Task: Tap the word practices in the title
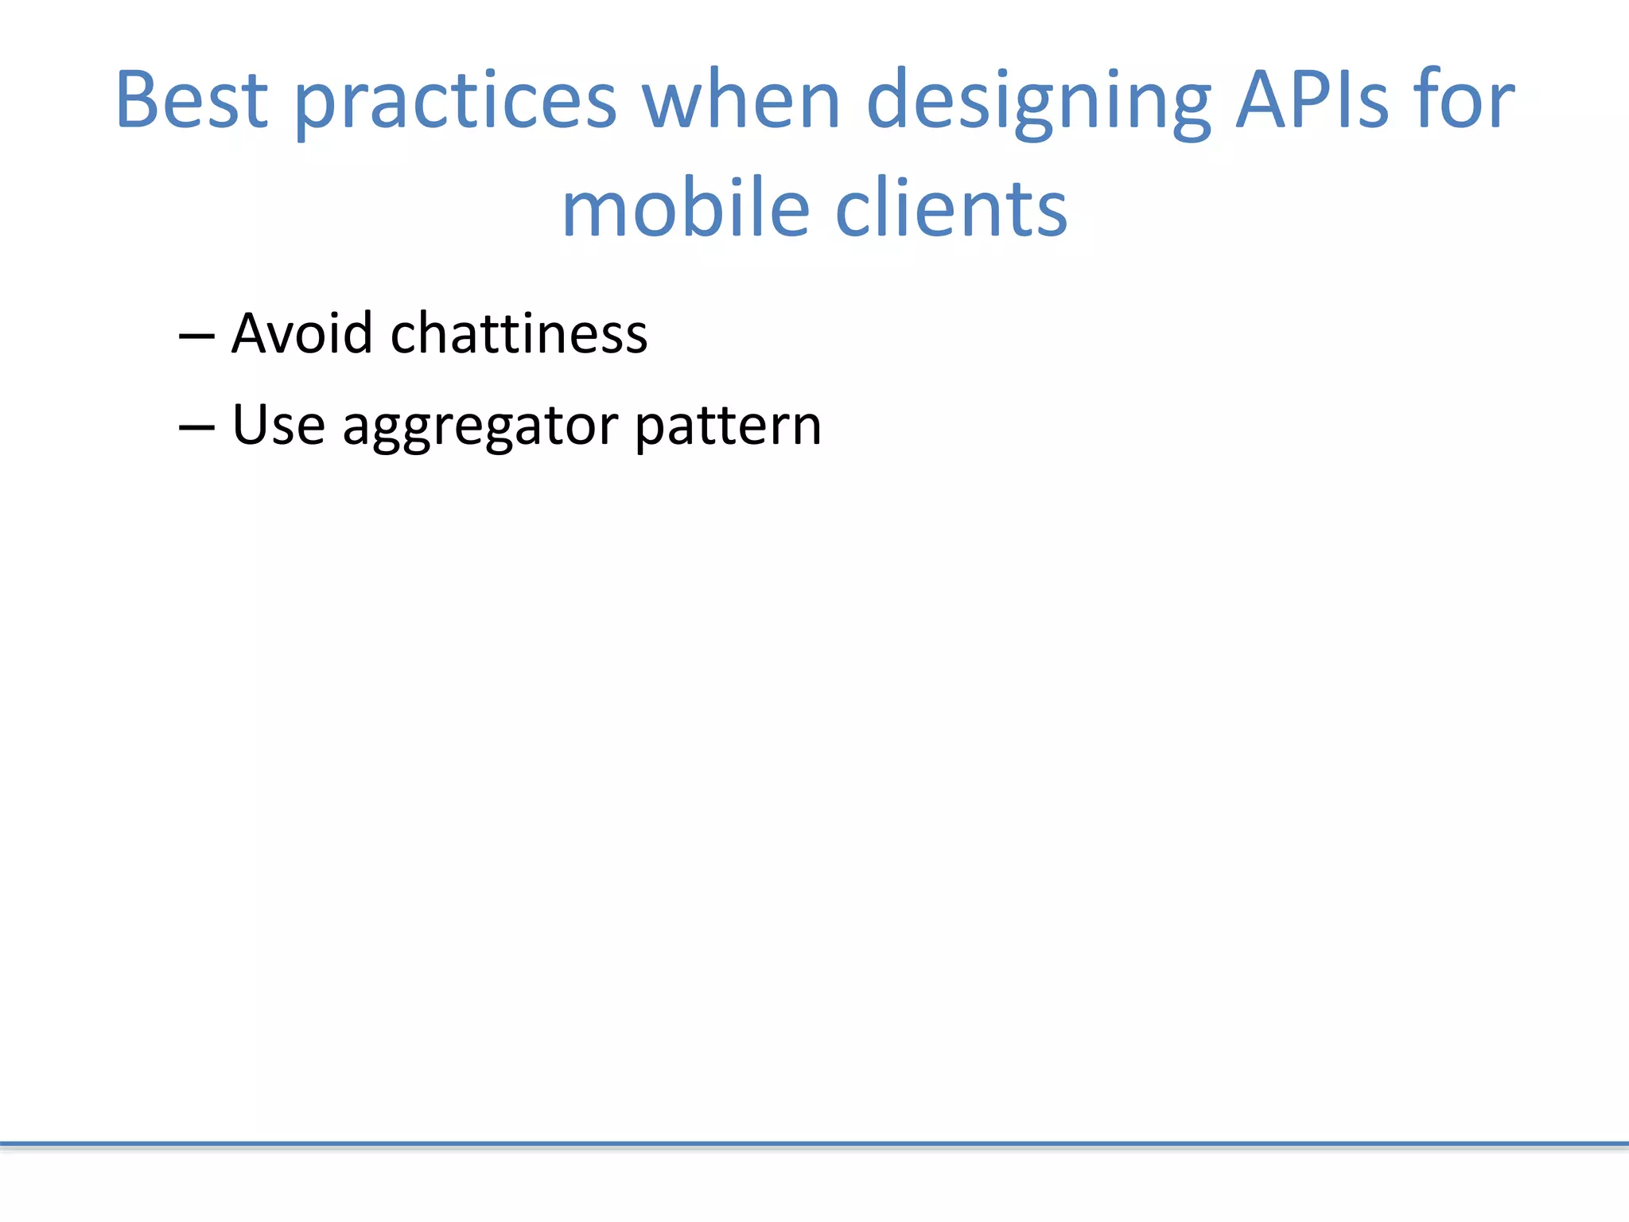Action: pos(455,103)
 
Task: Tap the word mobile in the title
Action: pos(685,208)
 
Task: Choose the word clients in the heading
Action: pos(951,208)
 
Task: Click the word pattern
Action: pos(728,428)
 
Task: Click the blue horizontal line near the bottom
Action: pos(814,1144)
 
